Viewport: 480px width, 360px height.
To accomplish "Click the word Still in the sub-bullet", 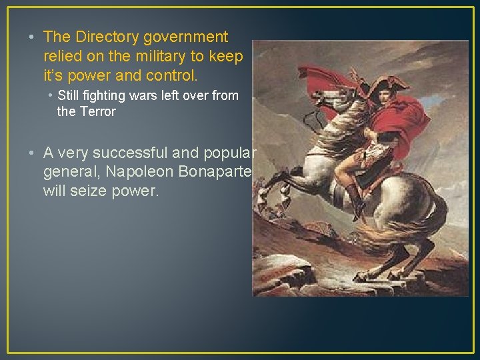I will coord(71,95).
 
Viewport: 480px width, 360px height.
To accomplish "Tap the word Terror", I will coord(97,111).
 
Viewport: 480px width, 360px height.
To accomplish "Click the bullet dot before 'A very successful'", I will coord(33,153).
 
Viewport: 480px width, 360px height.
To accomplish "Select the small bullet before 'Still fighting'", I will coord(51,95).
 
